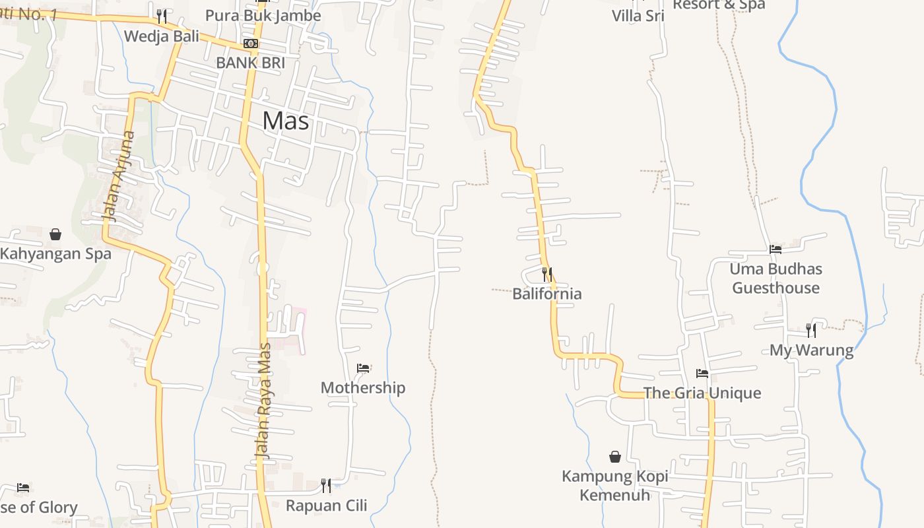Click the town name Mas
click(286, 121)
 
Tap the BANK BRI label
click(251, 63)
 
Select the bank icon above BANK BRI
click(251, 44)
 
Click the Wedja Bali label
click(162, 36)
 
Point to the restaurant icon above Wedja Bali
click(162, 15)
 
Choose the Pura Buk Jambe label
click(263, 15)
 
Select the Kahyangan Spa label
click(55, 253)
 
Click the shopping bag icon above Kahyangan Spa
click(55, 234)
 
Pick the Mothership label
click(363, 387)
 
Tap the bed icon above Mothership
click(363, 368)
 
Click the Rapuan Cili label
click(326, 506)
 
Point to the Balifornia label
click(547, 293)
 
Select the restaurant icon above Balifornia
click(547, 274)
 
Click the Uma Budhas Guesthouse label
click(775, 278)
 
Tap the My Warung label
click(811, 350)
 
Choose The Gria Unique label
click(702, 393)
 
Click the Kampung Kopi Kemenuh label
click(615, 485)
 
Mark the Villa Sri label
click(638, 15)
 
